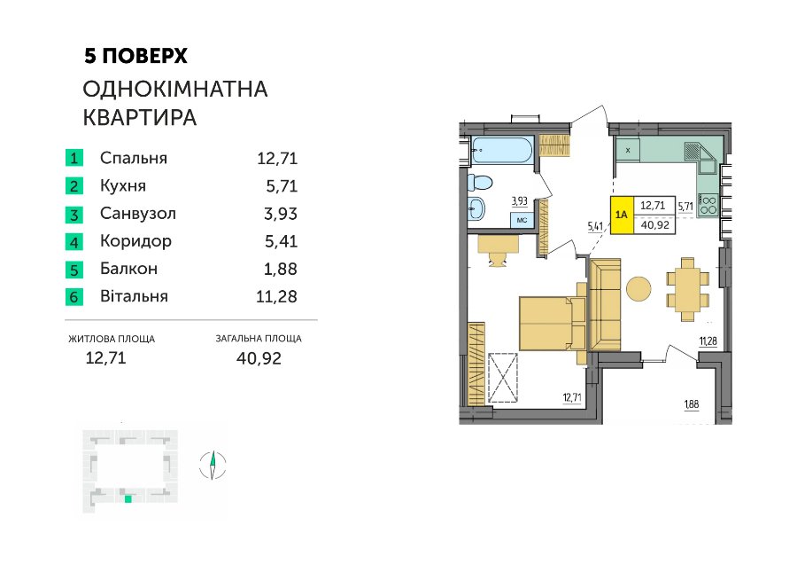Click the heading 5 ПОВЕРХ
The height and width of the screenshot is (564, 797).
click(135, 56)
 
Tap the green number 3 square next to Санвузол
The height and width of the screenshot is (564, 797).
click(74, 214)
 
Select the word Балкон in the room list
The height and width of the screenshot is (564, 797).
click(128, 269)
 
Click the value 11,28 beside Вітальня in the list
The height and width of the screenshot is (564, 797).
click(276, 296)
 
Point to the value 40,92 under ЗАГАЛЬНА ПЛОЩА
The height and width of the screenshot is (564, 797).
click(259, 358)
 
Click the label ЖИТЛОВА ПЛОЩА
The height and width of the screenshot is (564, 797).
click(112, 339)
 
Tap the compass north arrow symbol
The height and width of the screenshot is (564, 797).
click(213, 466)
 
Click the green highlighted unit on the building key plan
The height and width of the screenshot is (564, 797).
click(128, 499)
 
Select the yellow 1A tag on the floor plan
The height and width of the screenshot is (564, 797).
click(622, 215)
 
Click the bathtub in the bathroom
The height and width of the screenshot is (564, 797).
click(502, 150)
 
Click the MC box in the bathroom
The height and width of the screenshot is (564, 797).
click(522, 221)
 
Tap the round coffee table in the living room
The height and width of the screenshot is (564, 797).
click(638, 289)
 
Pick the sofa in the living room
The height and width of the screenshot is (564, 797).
click(605, 304)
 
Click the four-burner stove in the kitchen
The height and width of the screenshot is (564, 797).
click(708, 205)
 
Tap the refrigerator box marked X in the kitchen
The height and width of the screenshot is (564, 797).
click(628, 150)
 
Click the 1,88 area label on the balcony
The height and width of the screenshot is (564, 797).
click(692, 404)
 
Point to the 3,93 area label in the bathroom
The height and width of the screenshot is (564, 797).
click(520, 201)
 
